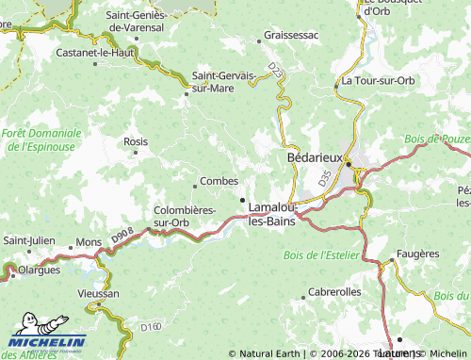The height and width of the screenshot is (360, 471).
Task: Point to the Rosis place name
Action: [136, 140]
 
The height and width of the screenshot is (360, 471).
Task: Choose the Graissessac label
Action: [291, 35]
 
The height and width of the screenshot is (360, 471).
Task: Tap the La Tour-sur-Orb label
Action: [378, 81]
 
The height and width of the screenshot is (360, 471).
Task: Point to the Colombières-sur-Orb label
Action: [185, 217]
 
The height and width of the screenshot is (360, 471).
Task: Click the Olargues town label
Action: [39, 269]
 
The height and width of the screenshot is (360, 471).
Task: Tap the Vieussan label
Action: [99, 294]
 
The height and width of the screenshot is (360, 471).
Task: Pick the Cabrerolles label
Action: [334, 292]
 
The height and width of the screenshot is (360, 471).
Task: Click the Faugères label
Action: [417, 254]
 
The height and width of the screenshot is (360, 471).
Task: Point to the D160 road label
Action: [151, 327]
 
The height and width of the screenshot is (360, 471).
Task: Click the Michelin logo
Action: [47, 342]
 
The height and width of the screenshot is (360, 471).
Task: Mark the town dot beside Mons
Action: [71, 248]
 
